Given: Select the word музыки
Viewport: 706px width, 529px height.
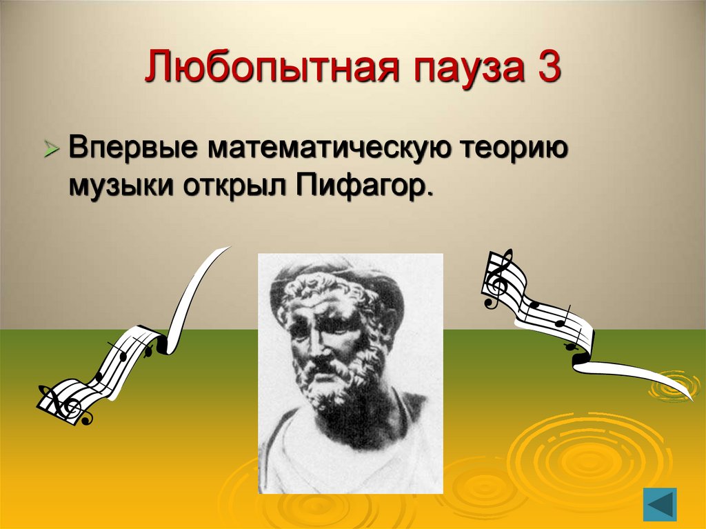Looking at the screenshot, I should click(112, 186).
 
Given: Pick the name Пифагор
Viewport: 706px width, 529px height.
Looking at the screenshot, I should click(365, 186).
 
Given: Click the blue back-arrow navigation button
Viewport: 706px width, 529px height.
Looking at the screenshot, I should click(660, 504).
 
